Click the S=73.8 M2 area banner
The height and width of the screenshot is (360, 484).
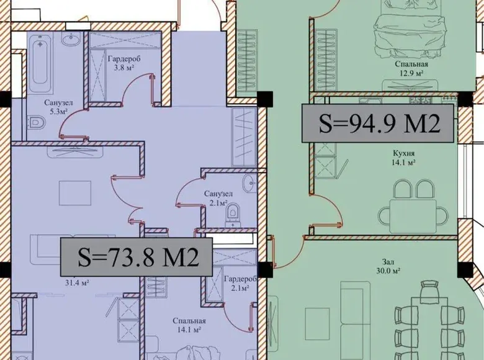coord(136,257)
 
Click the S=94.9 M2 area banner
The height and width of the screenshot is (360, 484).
coord(378,123)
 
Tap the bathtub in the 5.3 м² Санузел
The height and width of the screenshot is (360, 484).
coord(40,63)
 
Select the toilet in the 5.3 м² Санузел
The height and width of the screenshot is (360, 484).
coord(38,123)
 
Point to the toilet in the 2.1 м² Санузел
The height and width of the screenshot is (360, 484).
coord(233,213)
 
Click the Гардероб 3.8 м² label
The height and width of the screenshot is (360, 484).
coord(123,63)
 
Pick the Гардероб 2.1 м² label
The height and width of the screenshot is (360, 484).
coord(241,284)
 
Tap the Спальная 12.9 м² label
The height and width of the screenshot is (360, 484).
coord(411,68)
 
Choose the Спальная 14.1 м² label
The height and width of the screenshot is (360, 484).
coord(189,325)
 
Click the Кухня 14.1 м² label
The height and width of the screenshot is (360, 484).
coord(404,158)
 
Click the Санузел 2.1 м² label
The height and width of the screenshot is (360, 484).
coord(218,198)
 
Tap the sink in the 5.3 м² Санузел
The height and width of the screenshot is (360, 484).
coord(71,38)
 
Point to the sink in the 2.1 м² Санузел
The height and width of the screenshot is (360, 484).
coord(249,183)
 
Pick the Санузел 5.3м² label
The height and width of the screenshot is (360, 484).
coord(59,107)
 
